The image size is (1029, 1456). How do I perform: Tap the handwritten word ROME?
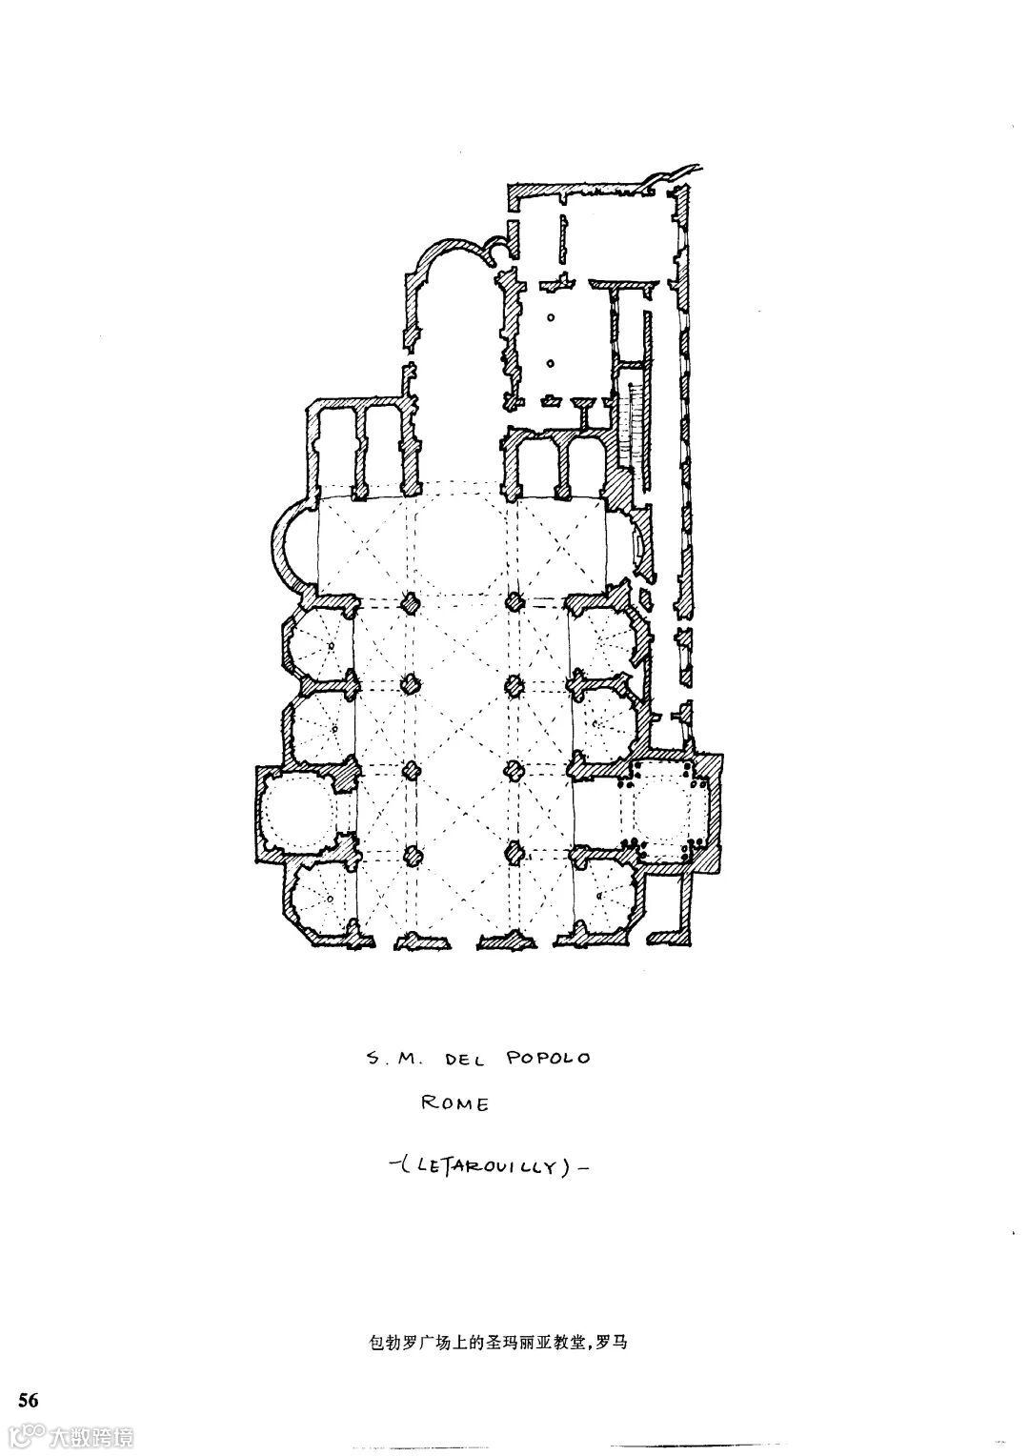[x=455, y=1105]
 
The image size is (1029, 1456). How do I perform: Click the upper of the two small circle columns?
[x=550, y=319]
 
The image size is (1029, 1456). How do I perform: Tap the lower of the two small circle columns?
[x=550, y=363]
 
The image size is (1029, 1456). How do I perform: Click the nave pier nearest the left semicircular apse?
[x=411, y=602]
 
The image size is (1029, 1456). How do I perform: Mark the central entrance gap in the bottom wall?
[x=462, y=940]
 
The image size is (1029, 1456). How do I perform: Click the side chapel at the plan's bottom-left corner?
[x=320, y=898]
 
